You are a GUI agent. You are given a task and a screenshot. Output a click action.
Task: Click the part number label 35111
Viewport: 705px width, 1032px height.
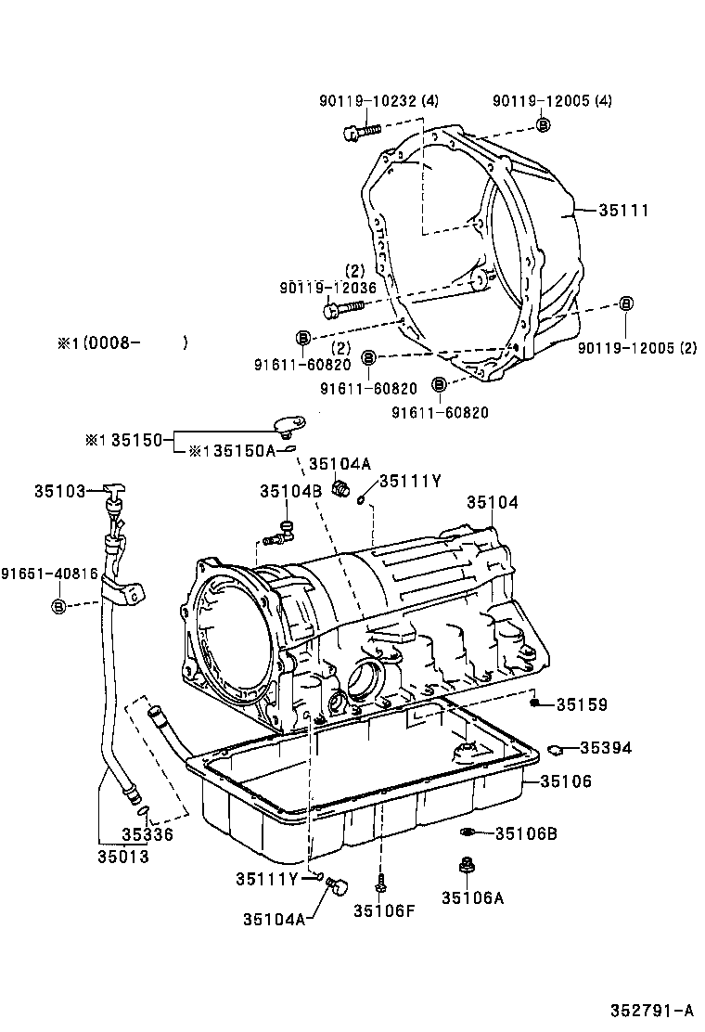622,211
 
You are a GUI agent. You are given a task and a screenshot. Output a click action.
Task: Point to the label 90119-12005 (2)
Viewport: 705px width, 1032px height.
636,348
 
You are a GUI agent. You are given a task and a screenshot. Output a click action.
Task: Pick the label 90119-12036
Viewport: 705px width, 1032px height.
327,288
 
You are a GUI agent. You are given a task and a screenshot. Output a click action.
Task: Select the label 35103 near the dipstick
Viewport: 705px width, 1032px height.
60,489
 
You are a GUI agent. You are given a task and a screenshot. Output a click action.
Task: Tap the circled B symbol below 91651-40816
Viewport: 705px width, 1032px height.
58,606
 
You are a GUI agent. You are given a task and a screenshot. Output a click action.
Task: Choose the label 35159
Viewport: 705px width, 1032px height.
582,705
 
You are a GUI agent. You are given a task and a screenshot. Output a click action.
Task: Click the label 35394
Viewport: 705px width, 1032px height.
606,747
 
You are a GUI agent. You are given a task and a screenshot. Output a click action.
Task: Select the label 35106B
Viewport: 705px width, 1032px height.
525,833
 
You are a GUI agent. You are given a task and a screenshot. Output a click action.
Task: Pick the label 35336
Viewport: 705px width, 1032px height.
147,834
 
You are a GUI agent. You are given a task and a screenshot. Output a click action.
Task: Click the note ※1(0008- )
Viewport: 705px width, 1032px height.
122,342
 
